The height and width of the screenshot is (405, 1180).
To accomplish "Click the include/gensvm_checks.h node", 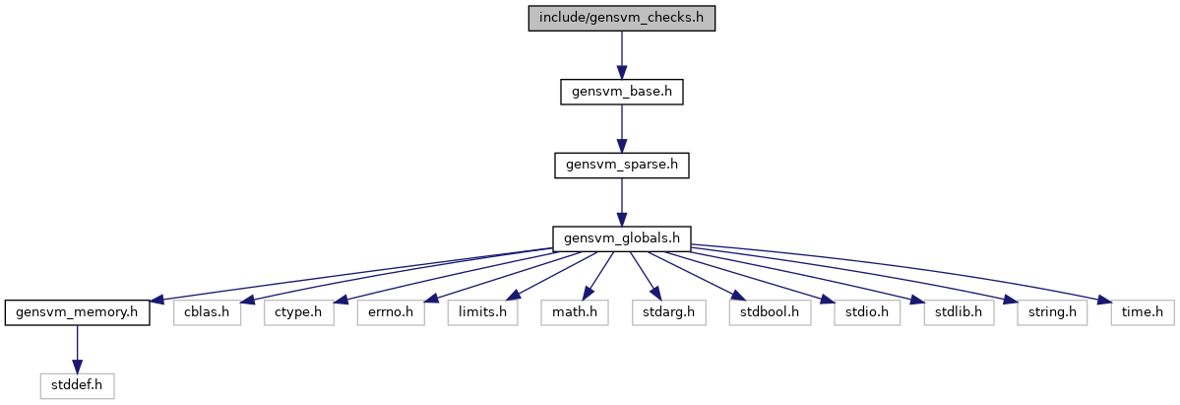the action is coord(621,18).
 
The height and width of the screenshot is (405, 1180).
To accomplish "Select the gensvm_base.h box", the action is coord(621,92).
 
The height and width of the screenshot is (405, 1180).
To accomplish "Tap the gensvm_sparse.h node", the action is coord(621,166).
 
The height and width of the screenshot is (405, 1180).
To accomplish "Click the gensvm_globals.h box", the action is coord(621,238).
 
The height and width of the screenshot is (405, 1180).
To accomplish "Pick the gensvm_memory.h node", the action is coord(77,312).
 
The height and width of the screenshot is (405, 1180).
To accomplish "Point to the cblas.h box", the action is coord(207,312).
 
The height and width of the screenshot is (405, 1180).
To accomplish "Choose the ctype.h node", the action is coord(298,312).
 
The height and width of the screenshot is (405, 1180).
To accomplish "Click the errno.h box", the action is coord(391,312).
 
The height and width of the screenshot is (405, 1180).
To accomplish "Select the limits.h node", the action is coord(482,312).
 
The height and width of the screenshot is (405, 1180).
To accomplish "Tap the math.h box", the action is coord(574,312).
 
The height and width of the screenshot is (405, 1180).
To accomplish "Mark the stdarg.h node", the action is coord(668,312).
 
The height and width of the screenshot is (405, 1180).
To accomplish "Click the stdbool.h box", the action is coord(769,312).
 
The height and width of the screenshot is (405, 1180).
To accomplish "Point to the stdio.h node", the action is coord(867,312).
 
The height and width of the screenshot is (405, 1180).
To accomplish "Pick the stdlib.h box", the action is coord(959,312).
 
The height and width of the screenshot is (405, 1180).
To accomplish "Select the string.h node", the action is coord(1052,312).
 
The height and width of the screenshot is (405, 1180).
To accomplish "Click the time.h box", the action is coord(1143,312).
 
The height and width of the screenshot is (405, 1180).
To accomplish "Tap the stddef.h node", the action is coord(77,386).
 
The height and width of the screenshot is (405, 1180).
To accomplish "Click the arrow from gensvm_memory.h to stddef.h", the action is coord(77,349).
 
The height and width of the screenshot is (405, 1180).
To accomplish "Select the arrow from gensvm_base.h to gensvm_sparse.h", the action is coord(621,128).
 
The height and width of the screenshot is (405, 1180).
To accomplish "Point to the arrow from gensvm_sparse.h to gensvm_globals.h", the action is coord(621,202).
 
